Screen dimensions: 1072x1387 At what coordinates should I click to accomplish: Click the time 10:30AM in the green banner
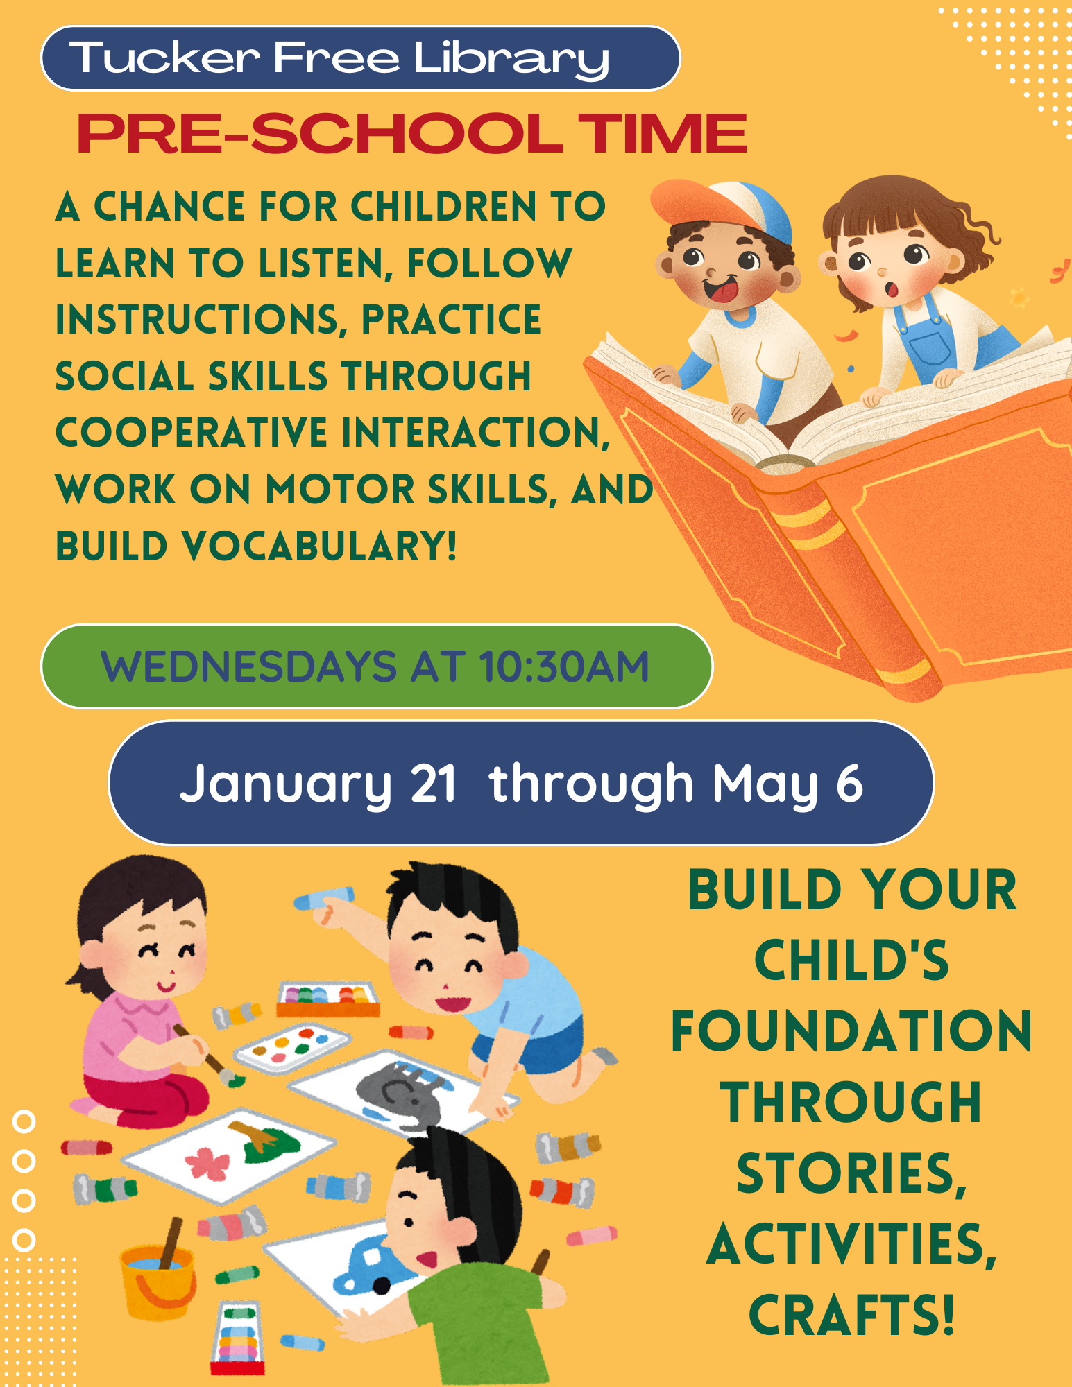[x=563, y=666]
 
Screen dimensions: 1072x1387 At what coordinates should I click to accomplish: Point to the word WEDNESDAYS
[x=248, y=666]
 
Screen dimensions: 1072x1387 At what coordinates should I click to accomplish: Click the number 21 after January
[x=434, y=784]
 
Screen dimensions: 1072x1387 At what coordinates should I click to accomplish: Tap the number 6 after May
[x=849, y=784]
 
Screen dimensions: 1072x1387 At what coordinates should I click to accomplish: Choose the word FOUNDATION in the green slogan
[x=851, y=1031]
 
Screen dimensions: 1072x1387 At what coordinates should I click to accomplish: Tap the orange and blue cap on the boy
[x=722, y=208]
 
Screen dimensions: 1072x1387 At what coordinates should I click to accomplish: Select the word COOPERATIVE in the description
[x=192, y=432]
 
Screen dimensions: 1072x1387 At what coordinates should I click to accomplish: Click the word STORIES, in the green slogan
[x=851, y=1173]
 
